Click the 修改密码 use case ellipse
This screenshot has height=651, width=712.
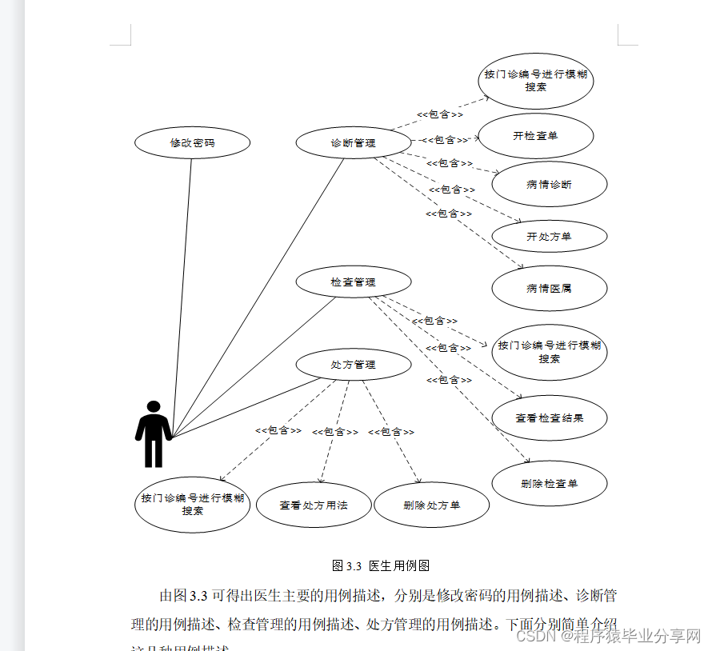pyautogui.click(x=193, y=143)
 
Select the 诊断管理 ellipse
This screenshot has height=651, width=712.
pyautogui.click(x=353, y=143)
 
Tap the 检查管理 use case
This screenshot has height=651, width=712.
pyautogui.click(x=353, y=282)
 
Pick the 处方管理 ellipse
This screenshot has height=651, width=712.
pyautogui.click(x=353, y=364)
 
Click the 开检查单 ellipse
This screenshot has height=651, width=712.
pyautogui.click(x=535, y=136)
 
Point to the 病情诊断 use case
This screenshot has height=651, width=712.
pyautogui.click(x=549, y=185)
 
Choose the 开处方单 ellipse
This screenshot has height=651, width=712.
pyautogui.click(x=549, y=237)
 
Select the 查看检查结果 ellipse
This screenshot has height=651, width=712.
pyautogui.click(x=549, y=417)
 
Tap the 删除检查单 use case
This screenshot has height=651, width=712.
pyautogui.click(x=549, y=483)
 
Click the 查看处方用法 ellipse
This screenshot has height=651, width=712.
pyautogui.click(x=314, y=505)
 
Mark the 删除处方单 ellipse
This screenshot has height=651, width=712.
pyautogui.click(x=431, y=505)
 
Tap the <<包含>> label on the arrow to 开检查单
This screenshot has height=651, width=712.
pyautogui.click(x=445, y=140)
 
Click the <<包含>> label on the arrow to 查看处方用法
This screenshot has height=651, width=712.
pyautogui.click(x=334, y=432)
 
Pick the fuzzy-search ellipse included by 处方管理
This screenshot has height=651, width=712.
pyautogui.click(x=192, y=504)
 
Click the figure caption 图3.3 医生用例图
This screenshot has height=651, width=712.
pyautogui.click(x=380, y=565)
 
